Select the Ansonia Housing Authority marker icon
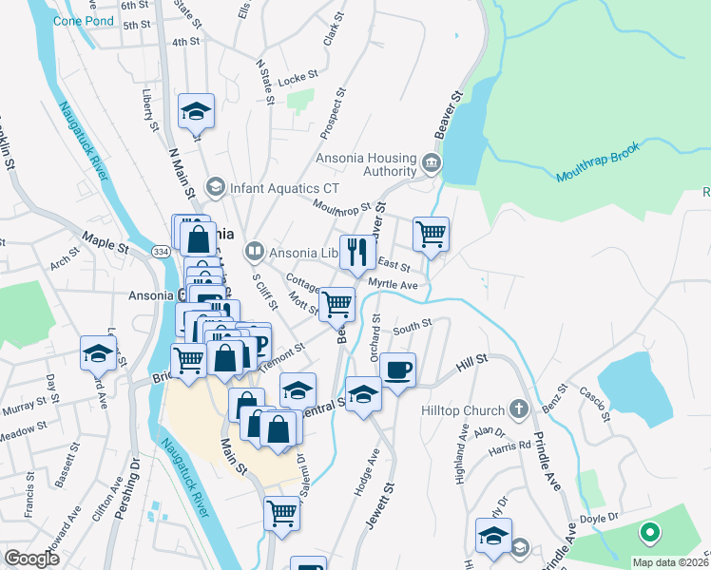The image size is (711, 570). point(431,162)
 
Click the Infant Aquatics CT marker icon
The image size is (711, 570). point(215,186)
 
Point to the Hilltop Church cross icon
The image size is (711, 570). point(518,410)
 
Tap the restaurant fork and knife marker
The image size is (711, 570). point(357,253)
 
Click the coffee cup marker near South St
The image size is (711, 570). point(398,368)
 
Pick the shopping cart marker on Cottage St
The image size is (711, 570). point(336,304)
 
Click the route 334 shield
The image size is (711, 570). point(161,249)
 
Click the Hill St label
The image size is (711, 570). point(471,360)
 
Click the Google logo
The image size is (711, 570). point(31,559)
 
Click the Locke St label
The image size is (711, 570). point(296,81)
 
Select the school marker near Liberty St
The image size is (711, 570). point(196,111)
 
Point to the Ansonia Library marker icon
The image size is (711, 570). point(253,253)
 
